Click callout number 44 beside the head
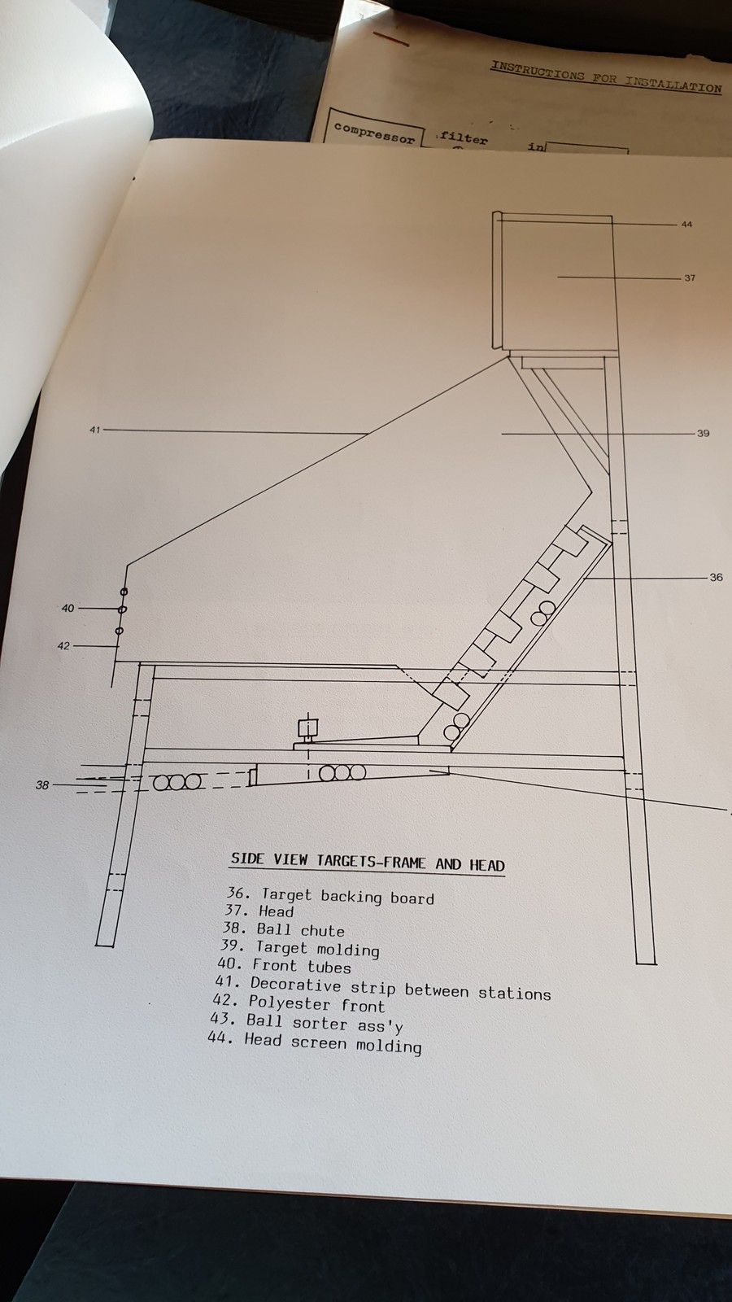[x=686, y=224]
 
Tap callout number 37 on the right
[x=690, y=277]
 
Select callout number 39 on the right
[x=703, y=433]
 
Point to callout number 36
[x=717, y=577]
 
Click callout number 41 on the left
[x=95, y=430]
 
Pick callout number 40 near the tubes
[x=68, y=608]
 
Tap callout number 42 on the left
[x=63, y=646]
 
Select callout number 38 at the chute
[x=42, y=785]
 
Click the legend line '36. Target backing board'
[x=330, y=896]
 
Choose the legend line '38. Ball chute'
[x=284, y=929]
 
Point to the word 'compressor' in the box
[x=375, y=133]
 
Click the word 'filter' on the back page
[x=463, y=138]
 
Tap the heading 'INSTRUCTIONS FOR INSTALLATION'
[x=606, y=76]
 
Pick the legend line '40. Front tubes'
[x=285, y=965]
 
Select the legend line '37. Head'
[x=259, y=911]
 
